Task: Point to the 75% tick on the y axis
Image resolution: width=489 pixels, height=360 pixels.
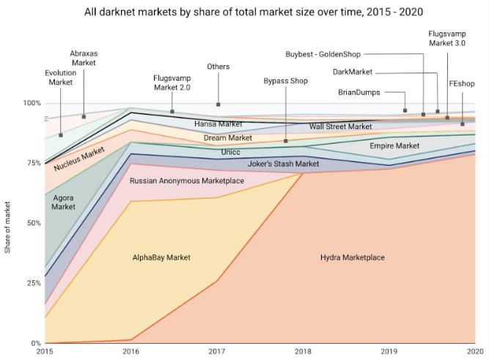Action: click(32, 164)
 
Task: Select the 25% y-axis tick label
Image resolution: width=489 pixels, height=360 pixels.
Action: click(32, 283)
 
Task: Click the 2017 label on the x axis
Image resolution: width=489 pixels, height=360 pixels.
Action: click(217, 352)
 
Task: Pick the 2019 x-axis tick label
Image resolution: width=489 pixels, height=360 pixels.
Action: click(389, 352)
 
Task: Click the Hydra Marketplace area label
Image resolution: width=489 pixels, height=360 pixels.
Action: click(352, 257)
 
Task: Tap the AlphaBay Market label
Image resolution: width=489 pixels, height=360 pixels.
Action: click(161, 257)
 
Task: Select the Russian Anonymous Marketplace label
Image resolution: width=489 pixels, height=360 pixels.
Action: click(187, 180)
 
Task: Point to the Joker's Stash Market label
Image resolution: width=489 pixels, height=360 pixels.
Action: click(283, 164)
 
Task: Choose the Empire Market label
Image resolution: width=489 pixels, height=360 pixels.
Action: click(394, 146)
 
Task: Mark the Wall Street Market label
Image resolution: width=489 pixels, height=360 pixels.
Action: click(340, 127)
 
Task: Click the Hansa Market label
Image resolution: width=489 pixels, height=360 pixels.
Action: click(218, 125)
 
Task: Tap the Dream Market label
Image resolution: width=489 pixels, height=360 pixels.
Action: click(228, 138)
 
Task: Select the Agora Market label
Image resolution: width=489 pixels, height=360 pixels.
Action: click(64, 202)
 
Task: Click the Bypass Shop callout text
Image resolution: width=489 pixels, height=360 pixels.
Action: click(285, 81)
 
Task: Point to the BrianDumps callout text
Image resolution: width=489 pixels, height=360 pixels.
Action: click(359, 92)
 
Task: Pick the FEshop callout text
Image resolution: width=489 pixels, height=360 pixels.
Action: click(461, 85)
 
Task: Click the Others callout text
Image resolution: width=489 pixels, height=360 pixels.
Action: click(218, 67)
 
